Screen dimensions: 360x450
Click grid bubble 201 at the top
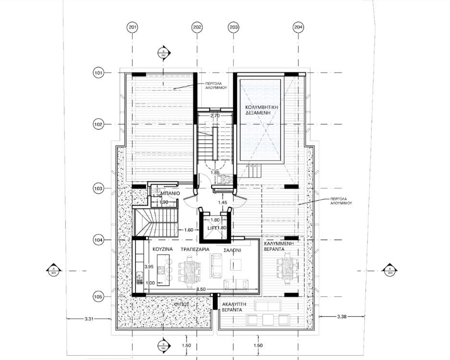(133, 27)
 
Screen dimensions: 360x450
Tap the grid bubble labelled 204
(298, 27)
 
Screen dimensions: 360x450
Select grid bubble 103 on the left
(98, 188)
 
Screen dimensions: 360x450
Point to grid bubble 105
(98, 297)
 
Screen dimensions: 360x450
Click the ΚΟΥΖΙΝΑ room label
(162, 250)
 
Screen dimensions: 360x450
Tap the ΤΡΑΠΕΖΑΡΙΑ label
(195, 250)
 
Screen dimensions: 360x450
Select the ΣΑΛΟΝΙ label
(231, 250)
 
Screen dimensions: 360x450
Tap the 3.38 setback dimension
(341, 317)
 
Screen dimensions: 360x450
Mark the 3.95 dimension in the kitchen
(149, 266)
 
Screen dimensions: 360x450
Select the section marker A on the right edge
(389, 271)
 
